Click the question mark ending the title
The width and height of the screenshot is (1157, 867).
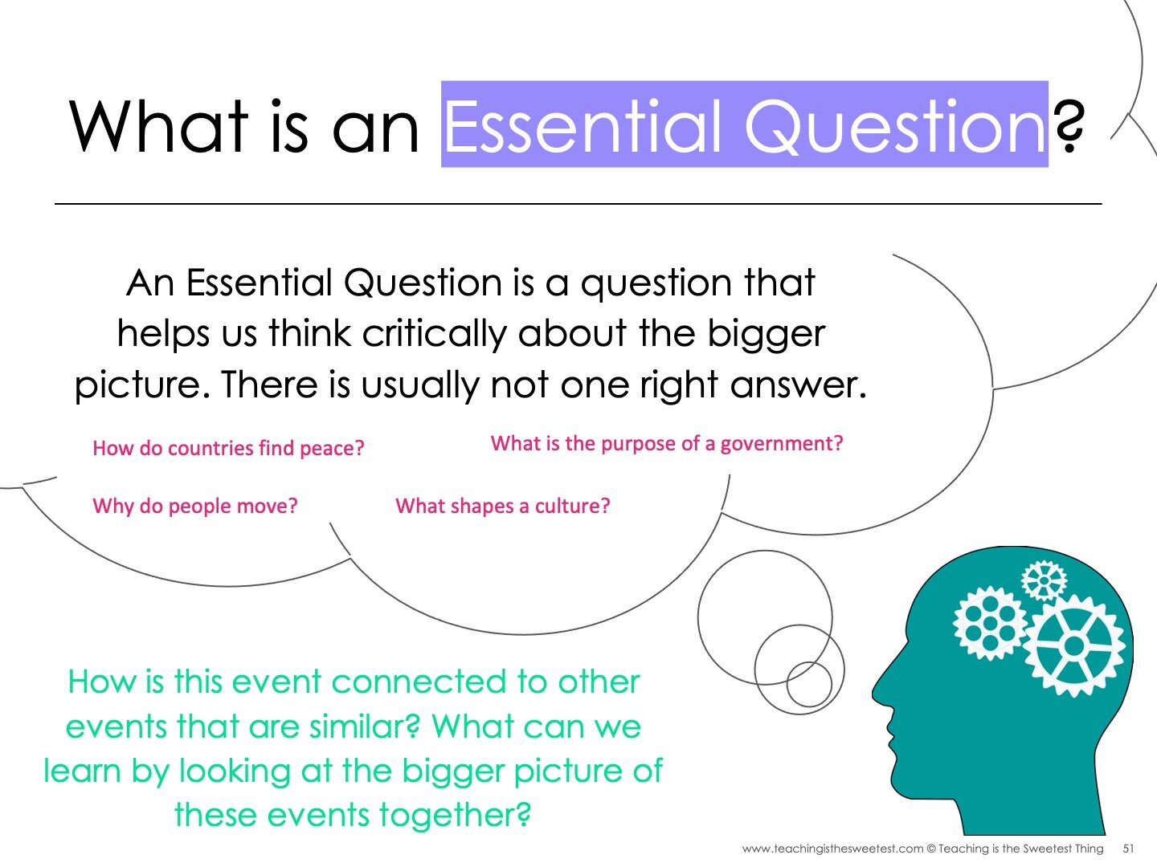pyautogui.click(x=1069, y=127)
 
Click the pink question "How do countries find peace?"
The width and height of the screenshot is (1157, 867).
pyautogui.click(x=228, y=448)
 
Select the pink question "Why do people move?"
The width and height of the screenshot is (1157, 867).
pyautogui.click(x=195, y=506)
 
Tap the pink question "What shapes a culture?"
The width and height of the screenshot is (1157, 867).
pyautogui.click(x=503, y=506)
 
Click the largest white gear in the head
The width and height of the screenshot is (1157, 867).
pyautogui.click(x=1074, y=645)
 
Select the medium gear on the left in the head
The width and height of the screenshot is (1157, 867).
pyautogui.click(x=990, y=623)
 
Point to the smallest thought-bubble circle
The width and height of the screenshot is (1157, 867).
pyautogui.click(x=808, y=684)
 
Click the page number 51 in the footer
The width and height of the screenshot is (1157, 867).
pyautogui.click(x=1128, y=849)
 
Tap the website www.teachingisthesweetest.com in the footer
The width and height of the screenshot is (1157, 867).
pyautogui.click(x=832, y=849)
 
